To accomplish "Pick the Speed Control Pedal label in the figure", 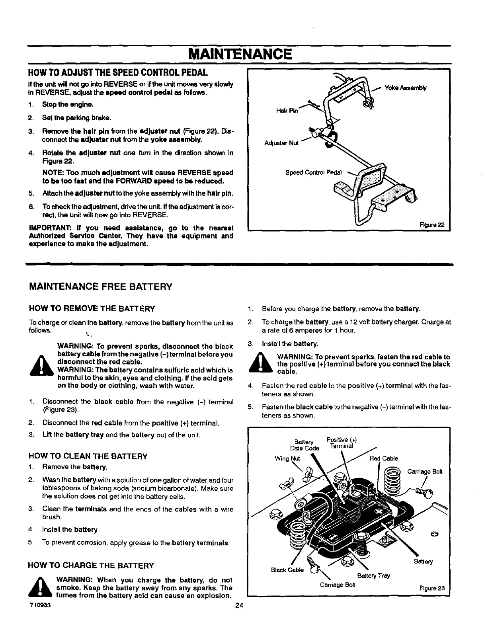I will point(314,173).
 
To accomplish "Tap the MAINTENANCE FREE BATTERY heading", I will point(101,287).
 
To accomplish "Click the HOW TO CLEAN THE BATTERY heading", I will point(88,456).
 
